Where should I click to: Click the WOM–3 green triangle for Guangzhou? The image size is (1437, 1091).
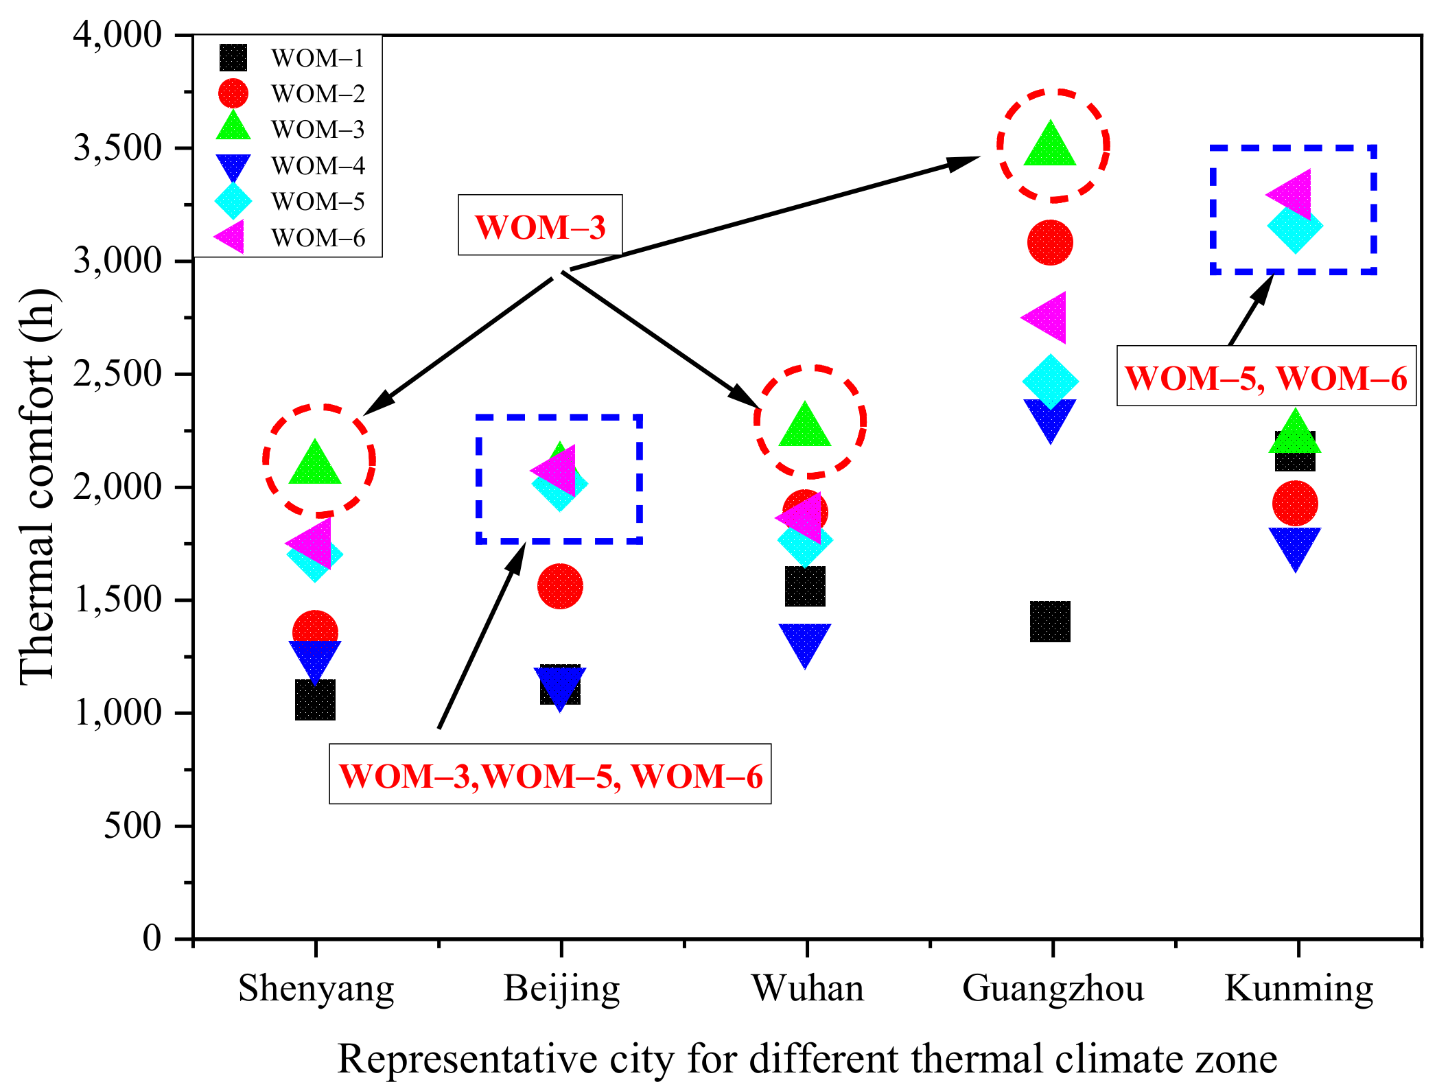coord(1050,146)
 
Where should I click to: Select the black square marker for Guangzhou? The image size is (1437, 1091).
coord(1050,622)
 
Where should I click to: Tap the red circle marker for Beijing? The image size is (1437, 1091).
coord(560,587)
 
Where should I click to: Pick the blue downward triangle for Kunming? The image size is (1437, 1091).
coord(1295,545)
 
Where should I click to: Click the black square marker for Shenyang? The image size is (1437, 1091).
coord(315,700)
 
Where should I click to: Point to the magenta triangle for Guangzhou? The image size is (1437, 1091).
coord(1047,318)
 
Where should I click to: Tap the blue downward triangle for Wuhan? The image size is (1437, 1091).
coord(805,642)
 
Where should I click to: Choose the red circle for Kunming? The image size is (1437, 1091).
coord(1295,504)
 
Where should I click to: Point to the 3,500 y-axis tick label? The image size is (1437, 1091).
coord(117,148)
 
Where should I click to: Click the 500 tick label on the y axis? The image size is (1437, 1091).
coord(132,825)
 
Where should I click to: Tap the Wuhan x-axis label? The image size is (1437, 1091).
coord(807,989)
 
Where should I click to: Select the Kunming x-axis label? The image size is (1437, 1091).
coord(1298,989)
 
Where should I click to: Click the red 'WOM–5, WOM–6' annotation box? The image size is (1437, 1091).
coord(1266,376)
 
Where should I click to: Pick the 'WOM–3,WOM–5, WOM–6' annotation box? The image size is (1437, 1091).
coord(550,775)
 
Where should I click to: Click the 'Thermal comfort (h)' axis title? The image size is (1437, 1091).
coord(38,487)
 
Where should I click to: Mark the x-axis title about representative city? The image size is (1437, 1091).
coord(807,1058)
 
